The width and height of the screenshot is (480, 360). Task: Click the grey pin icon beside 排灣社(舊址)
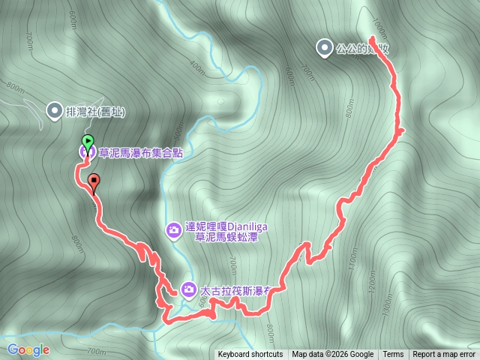pyautogui.click(x=55, y=112)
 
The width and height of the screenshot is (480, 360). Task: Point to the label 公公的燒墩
pyautogui.click(x=363, y=49)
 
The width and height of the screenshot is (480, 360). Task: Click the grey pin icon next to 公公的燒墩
pyautogui.click(x=324, y=49)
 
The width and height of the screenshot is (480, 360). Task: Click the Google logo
pyautogui.click(x=28, y=349)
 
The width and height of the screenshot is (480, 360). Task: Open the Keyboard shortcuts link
pyautogui.click(x=250, y=355)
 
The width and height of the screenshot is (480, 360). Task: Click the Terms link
pyautogui.click(x=393, y=355)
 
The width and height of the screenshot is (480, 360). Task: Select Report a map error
pyautogui.click(x=444, y=355)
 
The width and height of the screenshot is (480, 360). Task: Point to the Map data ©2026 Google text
pyautogui.click(x=333, y=355)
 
